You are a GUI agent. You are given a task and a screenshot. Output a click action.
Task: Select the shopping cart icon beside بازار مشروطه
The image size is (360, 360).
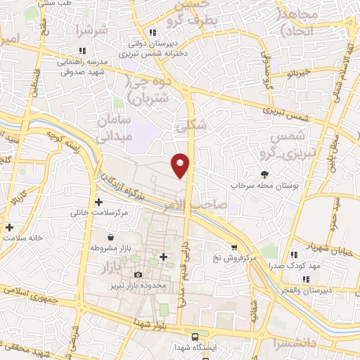point(94,248)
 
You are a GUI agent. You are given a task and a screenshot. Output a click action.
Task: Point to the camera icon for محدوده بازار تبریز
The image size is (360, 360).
point(138,274)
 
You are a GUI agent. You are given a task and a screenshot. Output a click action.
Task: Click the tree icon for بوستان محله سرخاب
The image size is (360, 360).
point(264,174)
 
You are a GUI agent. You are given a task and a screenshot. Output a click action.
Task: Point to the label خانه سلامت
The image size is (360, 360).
point(25,238)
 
